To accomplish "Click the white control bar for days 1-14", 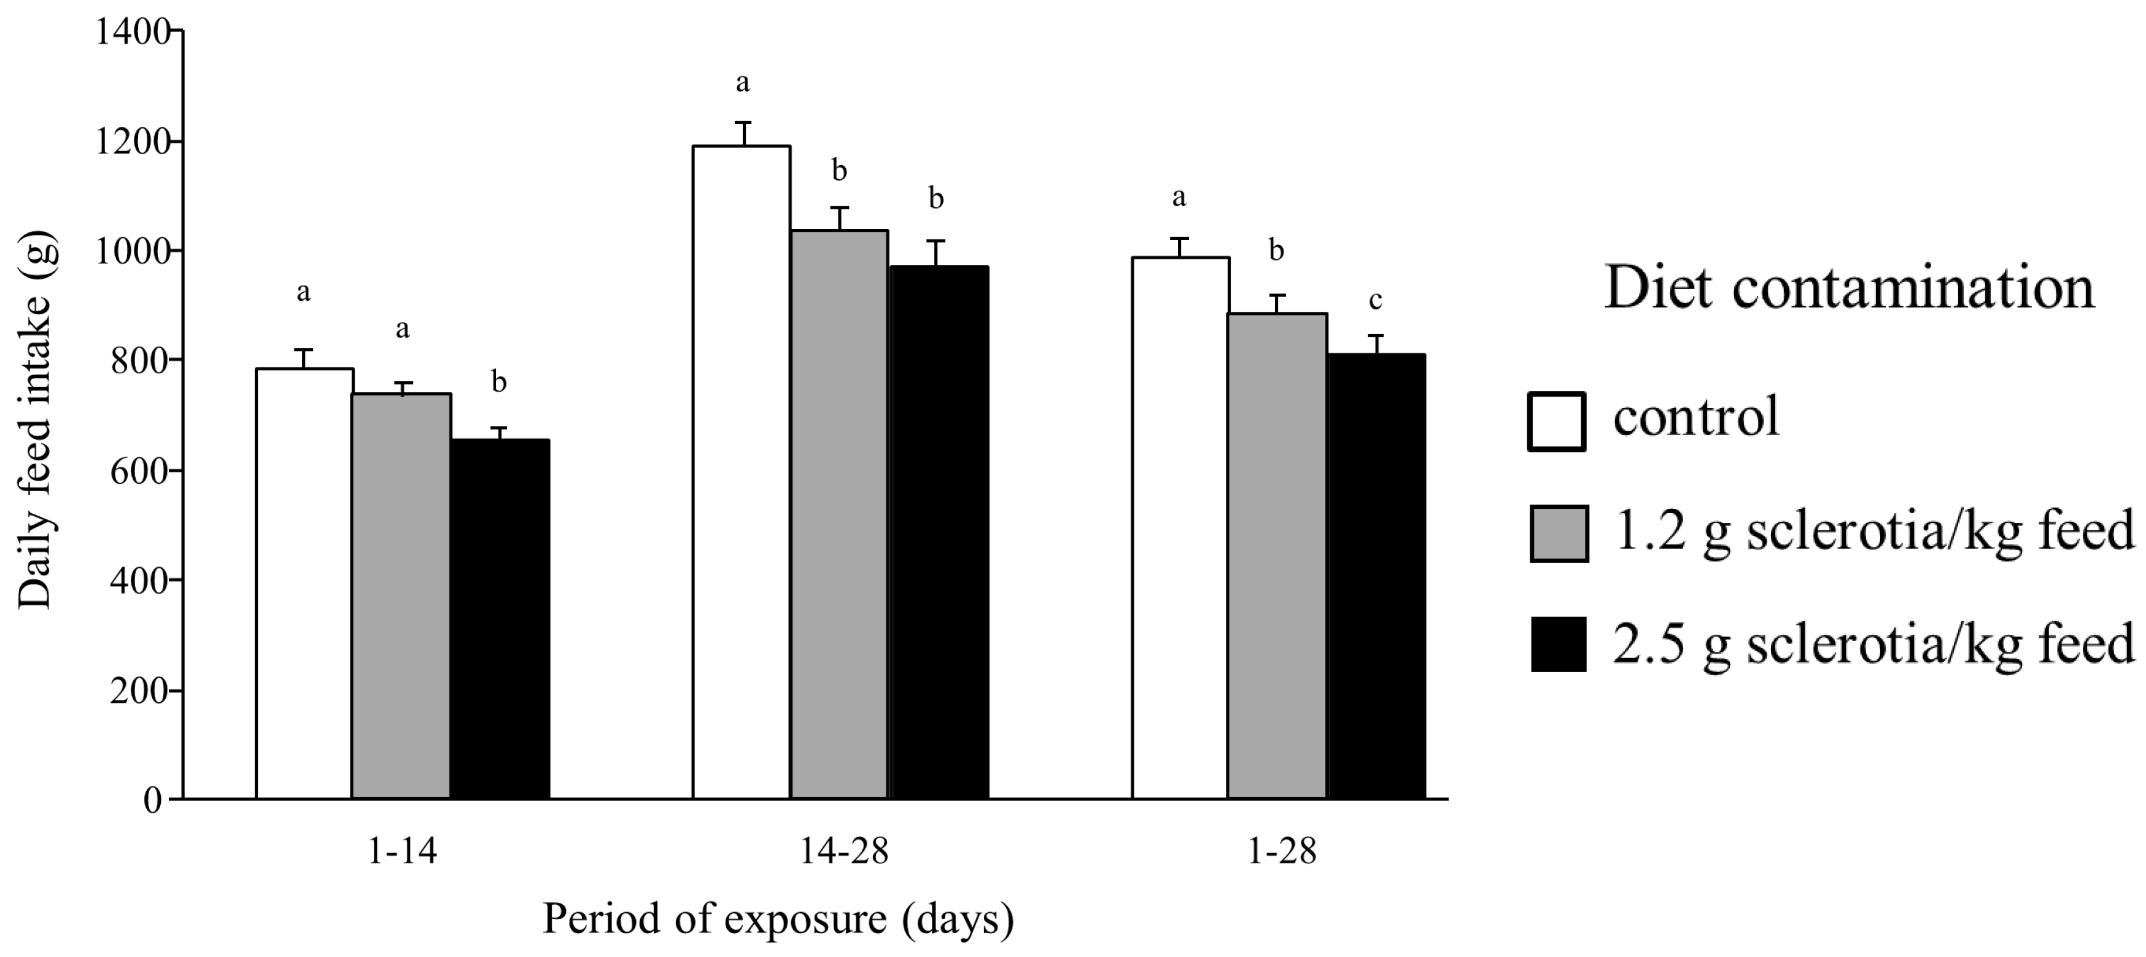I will [304, 583].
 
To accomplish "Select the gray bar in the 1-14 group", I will [401, 595].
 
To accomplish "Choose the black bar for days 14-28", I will [939, 533].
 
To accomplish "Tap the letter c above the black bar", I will [1376, 300].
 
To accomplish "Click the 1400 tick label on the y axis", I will [131, 33].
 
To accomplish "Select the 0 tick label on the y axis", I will [152, 800].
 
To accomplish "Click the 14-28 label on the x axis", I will [844, 852].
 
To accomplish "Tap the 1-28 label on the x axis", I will [1281, 852].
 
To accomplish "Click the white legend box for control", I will [1556, 422].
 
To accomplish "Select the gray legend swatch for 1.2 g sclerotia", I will [1559, 533].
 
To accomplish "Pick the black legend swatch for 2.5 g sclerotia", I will [1559, 645].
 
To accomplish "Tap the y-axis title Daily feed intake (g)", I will [35, 420].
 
